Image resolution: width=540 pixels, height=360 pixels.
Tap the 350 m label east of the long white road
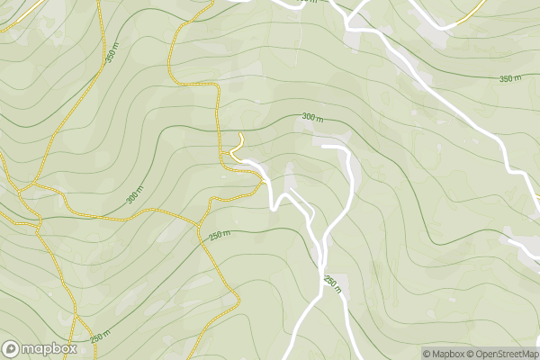click(x=509, y=79)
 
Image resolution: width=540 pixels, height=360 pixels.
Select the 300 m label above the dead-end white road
click(x=312, y=117)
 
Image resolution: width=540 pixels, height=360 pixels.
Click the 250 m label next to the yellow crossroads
click(x=220, y=236)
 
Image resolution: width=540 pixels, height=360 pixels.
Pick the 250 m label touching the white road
click(x=331, y=283)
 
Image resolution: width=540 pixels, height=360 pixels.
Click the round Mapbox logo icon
click(x=12, y=348)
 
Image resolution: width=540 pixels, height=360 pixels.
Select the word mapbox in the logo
click(x=49, y=348)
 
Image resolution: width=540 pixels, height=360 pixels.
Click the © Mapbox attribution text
click(x=445, y=354)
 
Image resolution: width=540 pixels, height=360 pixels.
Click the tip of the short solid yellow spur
click(x=240, y=134)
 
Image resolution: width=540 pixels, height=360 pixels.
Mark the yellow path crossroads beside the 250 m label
click(x=199, y=226)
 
